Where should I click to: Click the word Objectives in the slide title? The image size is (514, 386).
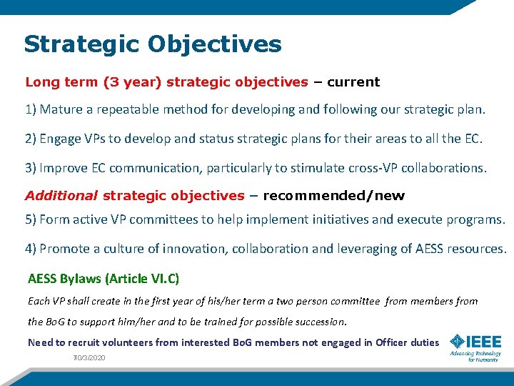215,44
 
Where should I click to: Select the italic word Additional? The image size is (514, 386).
61,196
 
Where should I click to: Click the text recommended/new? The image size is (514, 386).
334,196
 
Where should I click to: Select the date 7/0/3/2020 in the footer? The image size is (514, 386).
89,357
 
